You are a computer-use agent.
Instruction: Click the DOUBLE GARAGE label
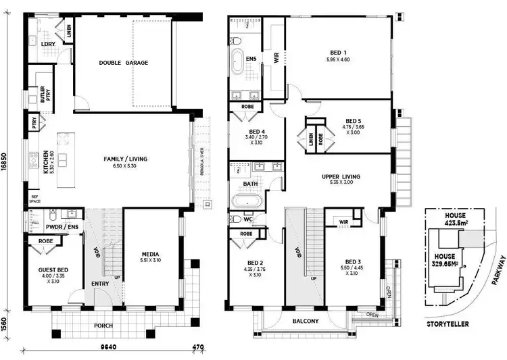[x=123, y=63]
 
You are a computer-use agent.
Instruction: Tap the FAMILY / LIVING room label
[x=125, y=159]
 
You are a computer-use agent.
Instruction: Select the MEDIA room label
[x=150, y=254]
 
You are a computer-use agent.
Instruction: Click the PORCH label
[x=103, y=326]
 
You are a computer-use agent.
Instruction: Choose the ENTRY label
[x=100, y=284]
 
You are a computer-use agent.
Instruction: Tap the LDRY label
[x=47, y=44]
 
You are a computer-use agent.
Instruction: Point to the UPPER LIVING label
[x=341, y=178]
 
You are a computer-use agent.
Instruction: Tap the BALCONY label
[x=306, y=322]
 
